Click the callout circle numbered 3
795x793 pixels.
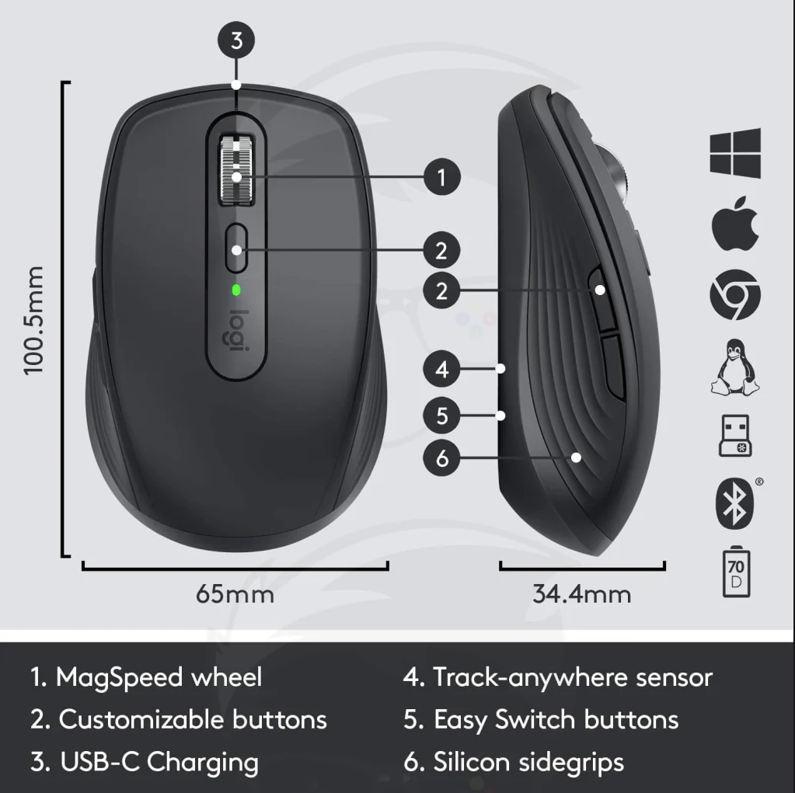[x=236, y=40]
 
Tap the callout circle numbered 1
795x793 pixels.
[x=441, y=177]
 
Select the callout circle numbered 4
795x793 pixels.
[x=441, y=369]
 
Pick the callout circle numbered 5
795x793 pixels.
[x=441, y=416]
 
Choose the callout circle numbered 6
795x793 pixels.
[x=441, y=458]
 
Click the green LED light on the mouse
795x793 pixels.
[x=235, y=290]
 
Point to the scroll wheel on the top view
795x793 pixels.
[x=236, y=170]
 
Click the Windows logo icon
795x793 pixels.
[x=735, y=153]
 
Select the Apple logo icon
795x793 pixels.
[x=735, y=223]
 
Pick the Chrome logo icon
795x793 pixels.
[x=735, y=294]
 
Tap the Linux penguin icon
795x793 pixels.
[x=734, y=367]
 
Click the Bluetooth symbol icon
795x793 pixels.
[x=734, y=503]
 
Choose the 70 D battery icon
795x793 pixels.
[x=736, y=572]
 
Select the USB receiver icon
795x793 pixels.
[x=735, y=436]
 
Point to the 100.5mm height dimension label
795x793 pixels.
[x=34, y=320]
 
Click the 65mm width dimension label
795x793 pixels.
[x=235, y=594]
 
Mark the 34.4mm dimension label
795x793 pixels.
[x=582, y=594]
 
